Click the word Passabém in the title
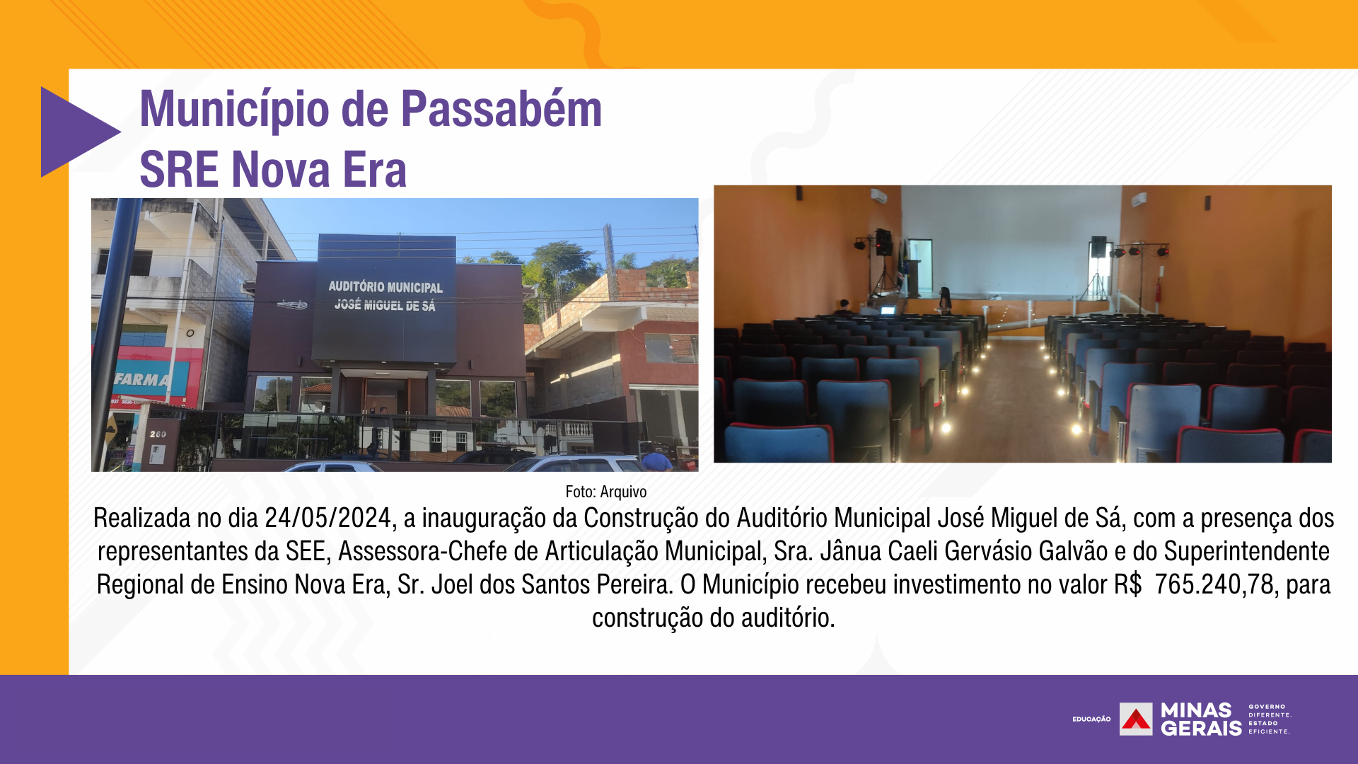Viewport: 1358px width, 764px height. pos(501,109)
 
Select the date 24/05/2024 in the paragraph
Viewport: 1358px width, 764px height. pos(327,518)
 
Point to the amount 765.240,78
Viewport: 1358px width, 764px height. pos(1214,584)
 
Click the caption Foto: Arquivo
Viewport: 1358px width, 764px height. pos(606,492)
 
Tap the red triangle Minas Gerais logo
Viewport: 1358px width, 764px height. pos(1136,719)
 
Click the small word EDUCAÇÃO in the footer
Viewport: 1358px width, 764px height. pos(1091,719)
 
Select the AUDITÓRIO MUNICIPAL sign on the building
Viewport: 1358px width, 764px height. pos(385,286)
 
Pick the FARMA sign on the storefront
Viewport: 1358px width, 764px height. pos(141,380)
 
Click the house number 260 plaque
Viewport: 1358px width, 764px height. pos(158,434)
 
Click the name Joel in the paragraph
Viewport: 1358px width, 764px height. pos(452,584)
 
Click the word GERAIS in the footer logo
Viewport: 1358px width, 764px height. pos(1201,728)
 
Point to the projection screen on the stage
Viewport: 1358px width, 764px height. pos(1011,241)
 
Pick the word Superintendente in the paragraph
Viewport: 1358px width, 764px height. pos(1247,551)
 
